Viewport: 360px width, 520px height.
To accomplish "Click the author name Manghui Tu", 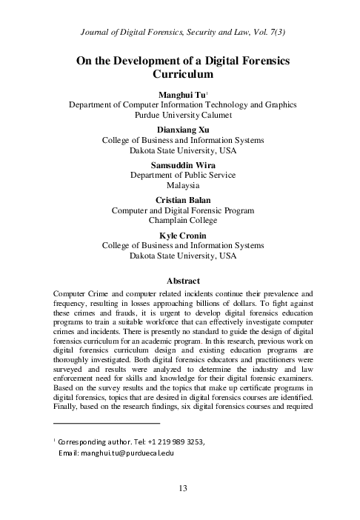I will click(181, 96).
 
